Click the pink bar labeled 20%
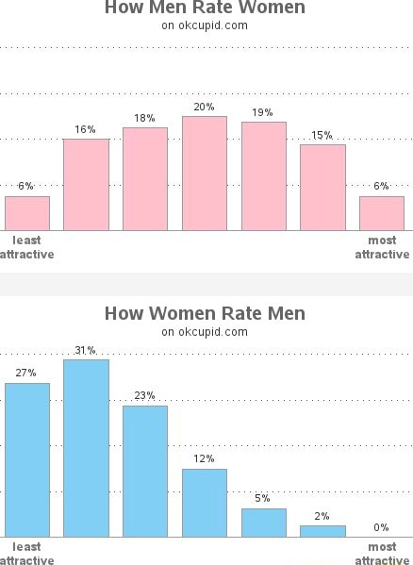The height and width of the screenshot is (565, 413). [x=205, y=174]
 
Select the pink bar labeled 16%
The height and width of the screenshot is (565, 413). [x=86, y=185]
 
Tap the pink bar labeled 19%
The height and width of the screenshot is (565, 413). [x=264, y=176]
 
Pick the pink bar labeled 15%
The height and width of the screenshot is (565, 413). [x=322, y=188]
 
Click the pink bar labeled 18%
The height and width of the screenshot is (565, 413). [x=145, y=179]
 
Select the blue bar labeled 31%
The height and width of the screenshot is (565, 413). [x=86, y=448]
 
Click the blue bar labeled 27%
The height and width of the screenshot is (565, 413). [x=27, y=459]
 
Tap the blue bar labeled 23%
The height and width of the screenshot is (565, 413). [x=145, y=472]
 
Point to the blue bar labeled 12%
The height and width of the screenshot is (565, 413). [x=205, y=503]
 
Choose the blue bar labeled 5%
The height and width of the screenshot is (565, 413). [x=264, y=523]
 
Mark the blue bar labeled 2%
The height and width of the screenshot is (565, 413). [x=322, y=531]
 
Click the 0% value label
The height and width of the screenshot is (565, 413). [x=381, y=527]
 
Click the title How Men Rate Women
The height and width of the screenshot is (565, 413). [x=205, y=8]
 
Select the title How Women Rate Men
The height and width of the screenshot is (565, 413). [x=205, y=313]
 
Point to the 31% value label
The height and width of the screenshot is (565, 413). [x=86, y=350]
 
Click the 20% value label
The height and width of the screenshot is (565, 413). [x=205, y=107]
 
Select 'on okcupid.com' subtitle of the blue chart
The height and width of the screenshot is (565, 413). [x=205, y=332]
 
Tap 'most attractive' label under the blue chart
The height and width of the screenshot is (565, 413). [x=382, y=554]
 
